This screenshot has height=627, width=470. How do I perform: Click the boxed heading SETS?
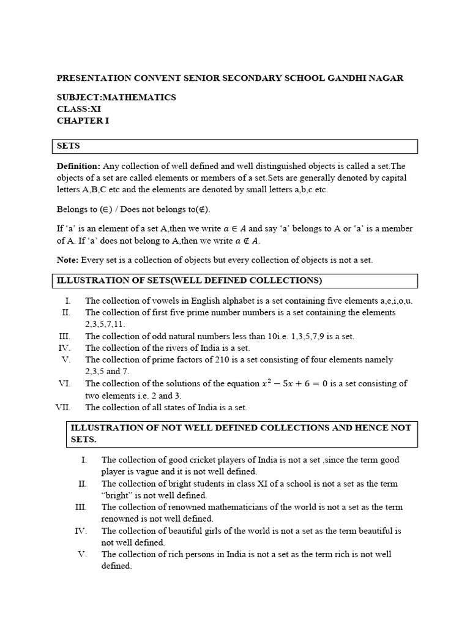point(69,146)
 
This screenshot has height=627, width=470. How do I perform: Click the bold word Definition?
point(78,166)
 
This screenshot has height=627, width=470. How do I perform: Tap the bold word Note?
point(67,260)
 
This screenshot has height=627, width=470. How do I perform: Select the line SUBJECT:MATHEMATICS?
point(116,97)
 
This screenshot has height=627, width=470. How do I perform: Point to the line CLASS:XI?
point(79,109)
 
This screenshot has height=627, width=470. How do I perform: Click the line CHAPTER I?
point(83,121)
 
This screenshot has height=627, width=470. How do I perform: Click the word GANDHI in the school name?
point(351,78)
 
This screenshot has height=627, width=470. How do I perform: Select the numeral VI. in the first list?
point(64,384)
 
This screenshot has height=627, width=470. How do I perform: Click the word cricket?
point(198,460)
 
